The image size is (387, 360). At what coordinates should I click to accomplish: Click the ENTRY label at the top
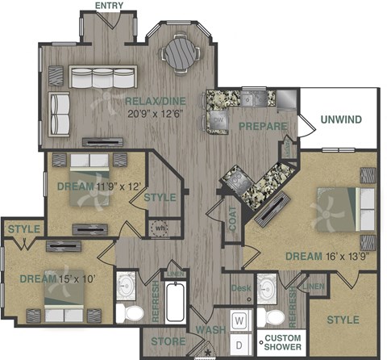click(110, 6)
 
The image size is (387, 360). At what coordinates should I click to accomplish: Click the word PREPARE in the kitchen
click(263, 127)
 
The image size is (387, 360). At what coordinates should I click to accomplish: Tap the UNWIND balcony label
click(341, 120)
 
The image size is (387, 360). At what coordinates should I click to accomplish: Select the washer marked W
click(239, 320)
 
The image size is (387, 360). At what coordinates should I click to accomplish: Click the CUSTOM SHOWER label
click(282, 341)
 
